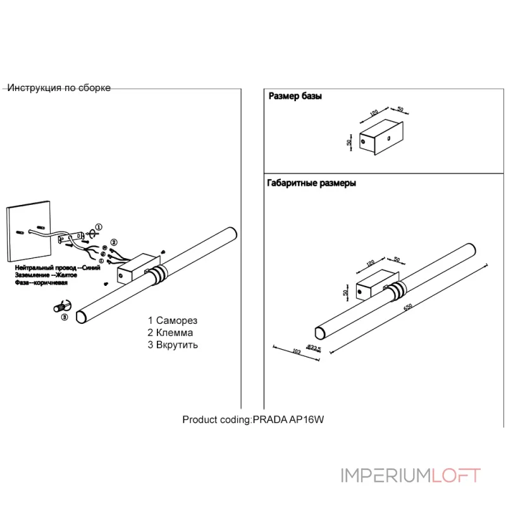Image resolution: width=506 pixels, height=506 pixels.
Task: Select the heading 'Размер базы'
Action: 295,97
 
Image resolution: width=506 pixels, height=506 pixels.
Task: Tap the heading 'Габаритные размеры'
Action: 312,183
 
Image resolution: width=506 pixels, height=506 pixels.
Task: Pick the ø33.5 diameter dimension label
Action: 314,347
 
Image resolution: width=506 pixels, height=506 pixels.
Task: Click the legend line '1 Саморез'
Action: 173,321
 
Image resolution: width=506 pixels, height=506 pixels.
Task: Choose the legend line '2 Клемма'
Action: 170,333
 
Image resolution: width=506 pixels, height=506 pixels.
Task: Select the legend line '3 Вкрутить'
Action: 173,345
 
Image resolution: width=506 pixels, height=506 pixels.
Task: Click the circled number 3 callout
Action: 64,317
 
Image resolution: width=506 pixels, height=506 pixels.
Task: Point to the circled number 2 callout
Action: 114,242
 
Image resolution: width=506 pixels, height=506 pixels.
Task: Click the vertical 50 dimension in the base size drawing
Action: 349,142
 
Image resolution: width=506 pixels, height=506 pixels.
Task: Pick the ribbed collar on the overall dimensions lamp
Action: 398,290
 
